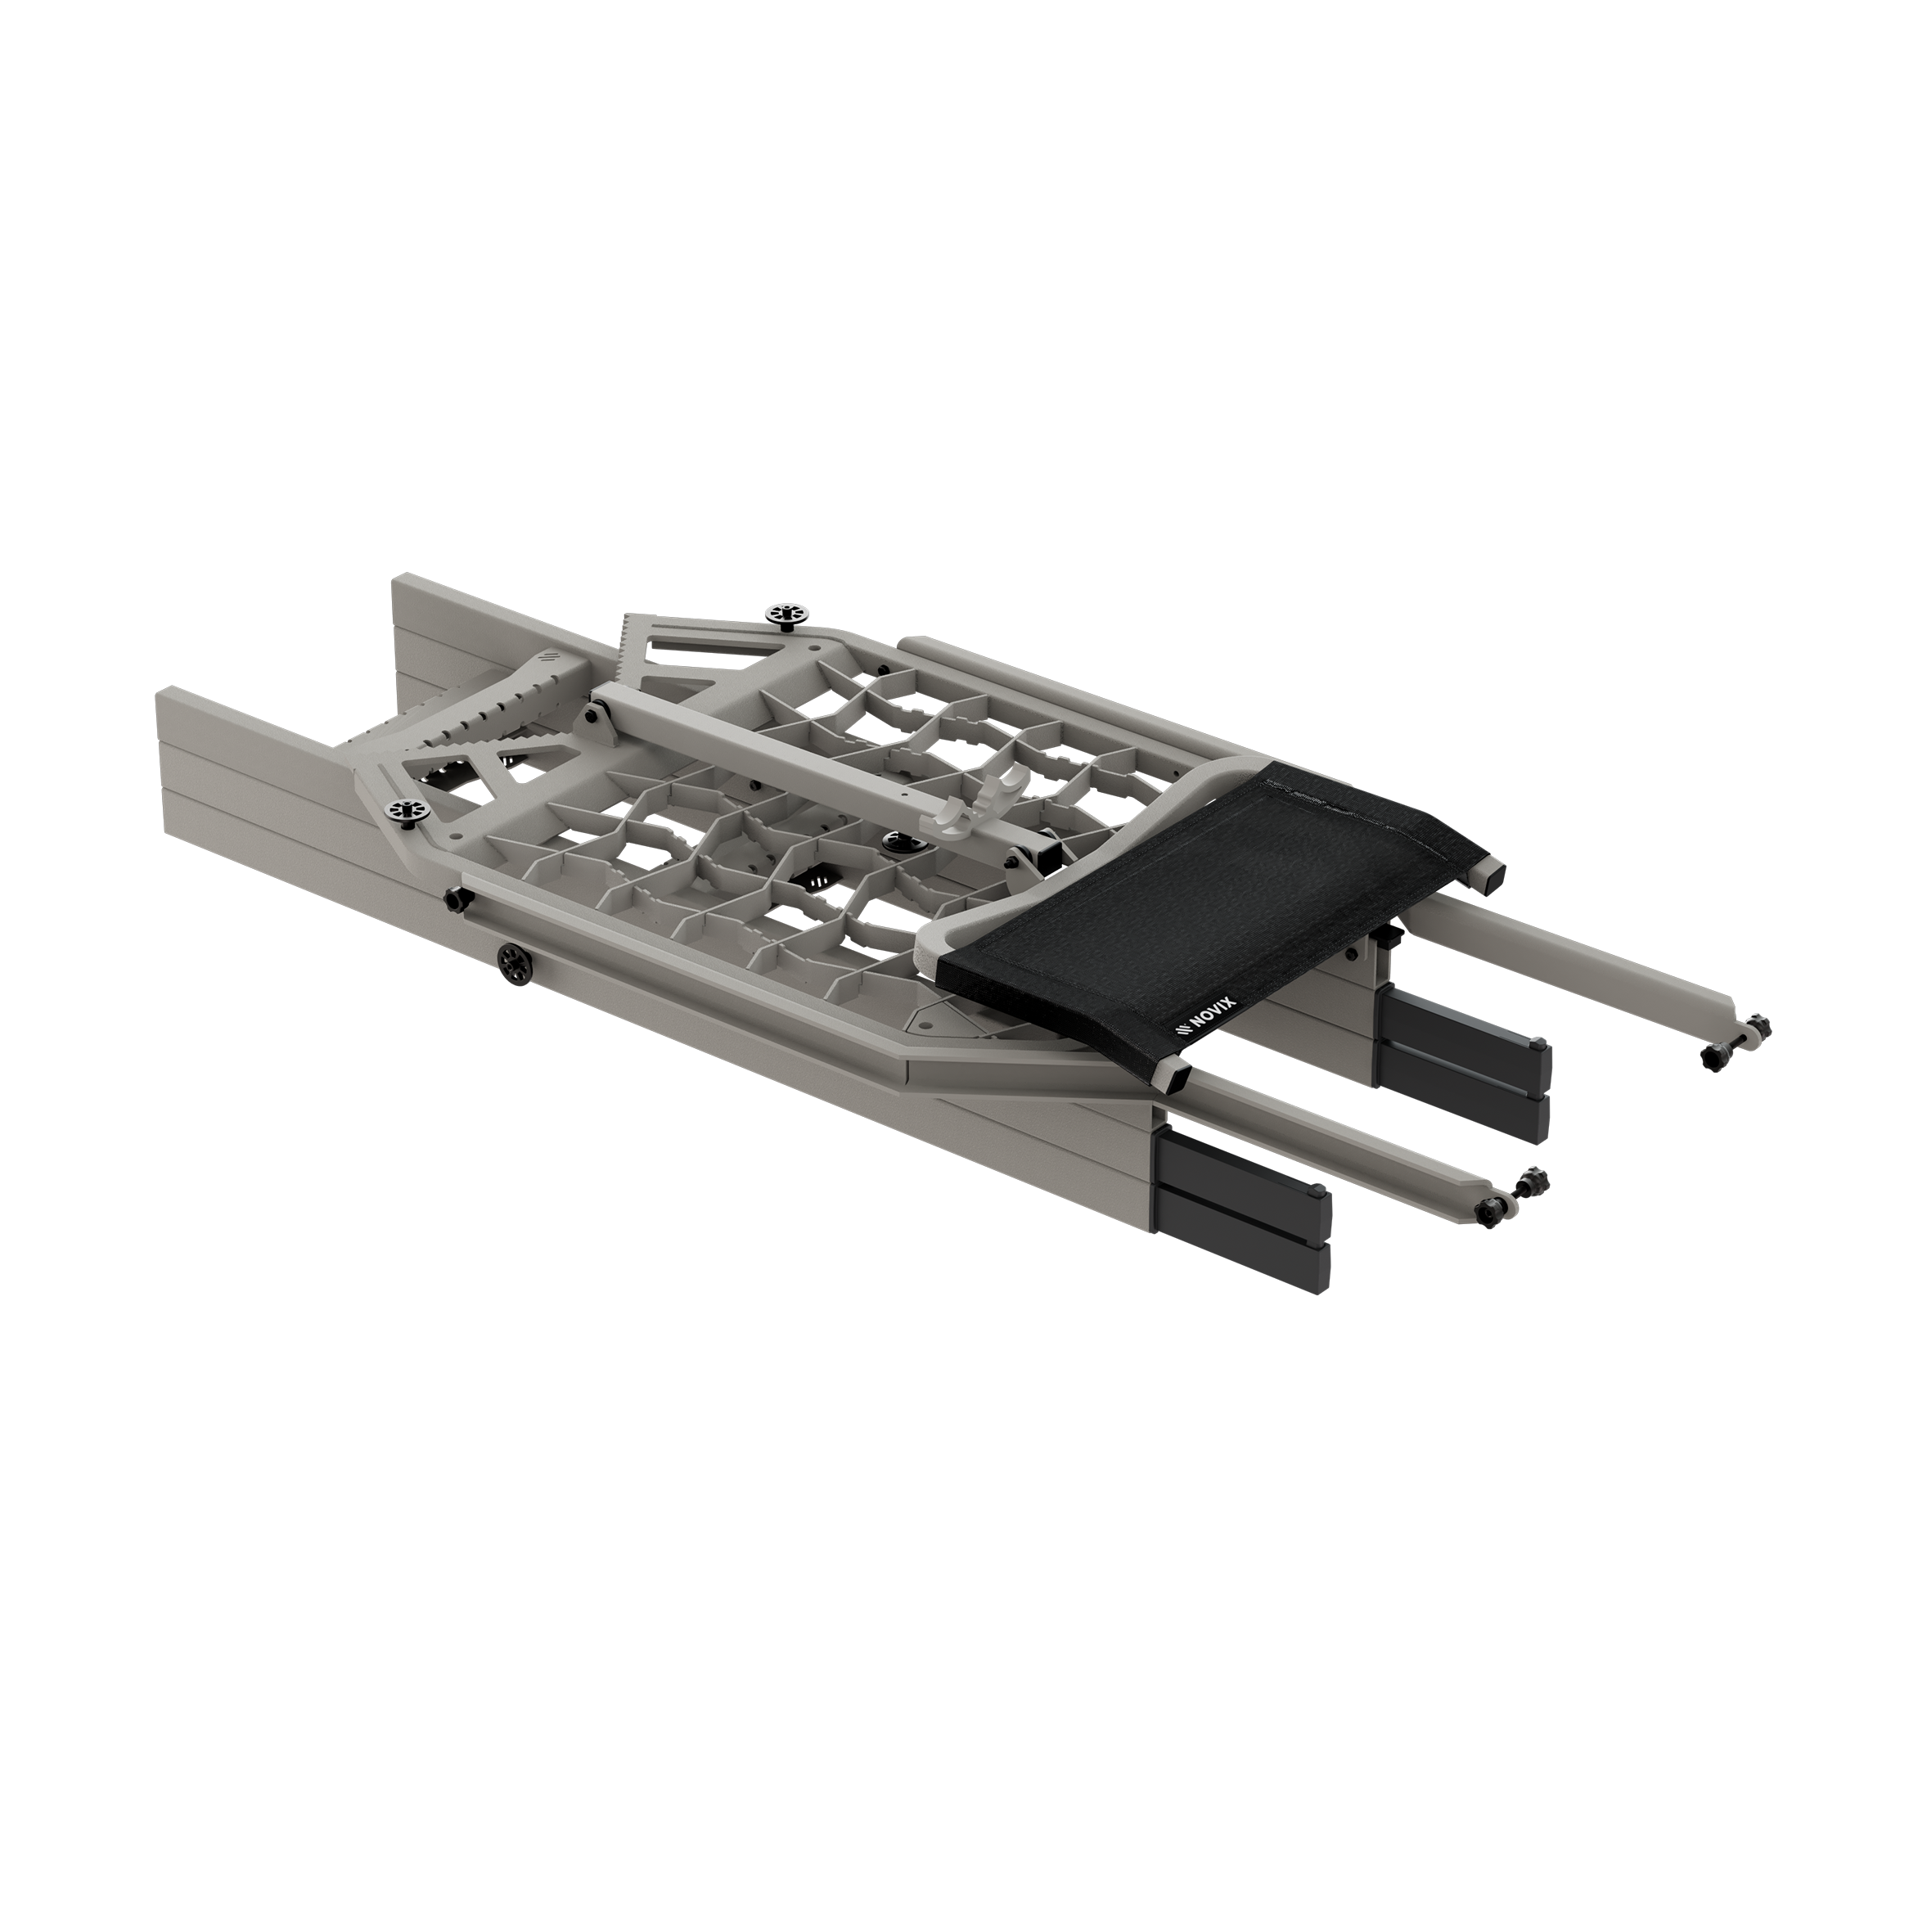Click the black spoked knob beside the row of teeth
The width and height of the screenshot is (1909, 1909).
click(787, 615)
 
